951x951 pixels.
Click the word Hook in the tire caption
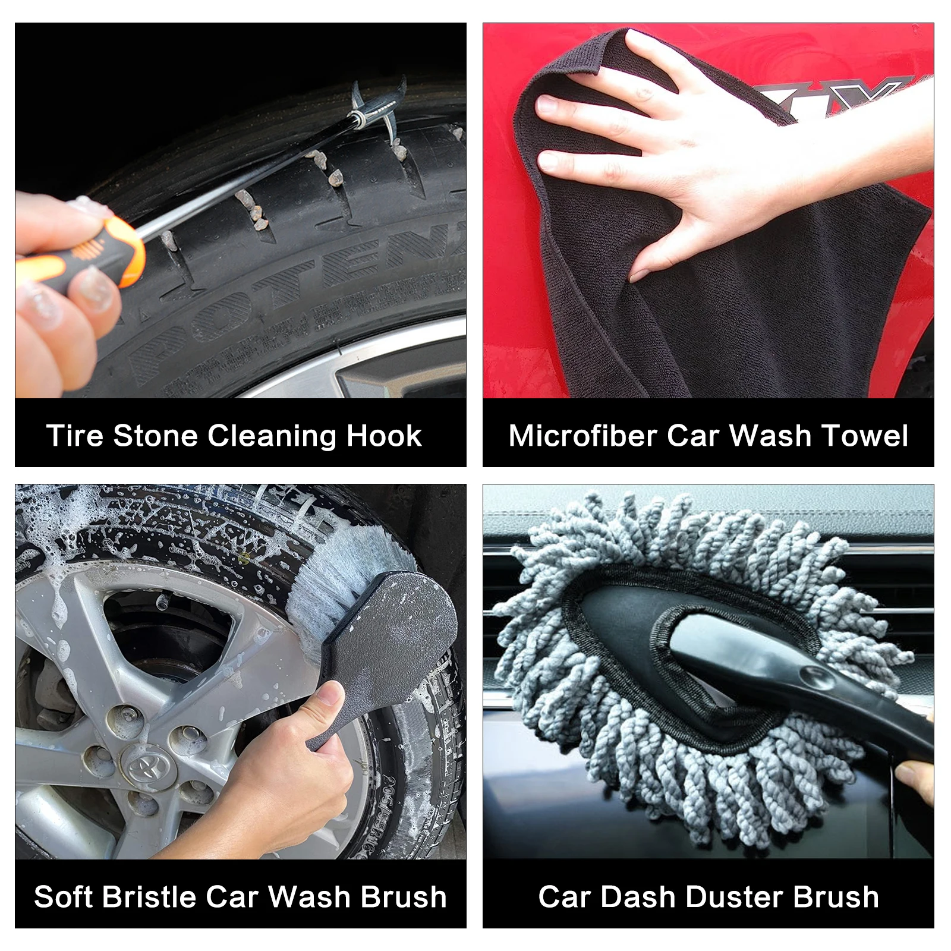[x=384, y=436]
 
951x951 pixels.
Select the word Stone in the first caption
[x=155, y=436]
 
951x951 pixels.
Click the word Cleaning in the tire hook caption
[x=272, y=437]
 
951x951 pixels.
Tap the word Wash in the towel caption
[x=770, y=436]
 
